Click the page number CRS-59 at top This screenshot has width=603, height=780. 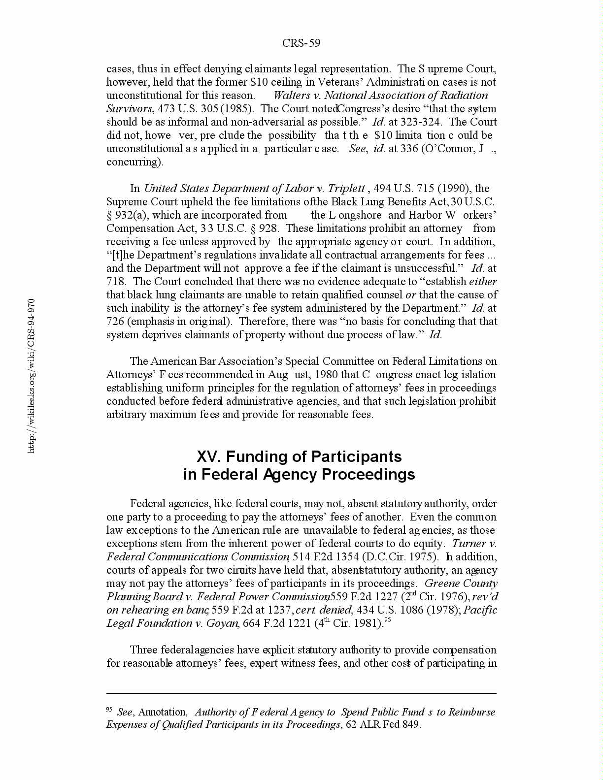pyautogui.click(x=301, y=43)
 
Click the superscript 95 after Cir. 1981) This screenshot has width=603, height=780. pyautogui.click(x=387, y=620)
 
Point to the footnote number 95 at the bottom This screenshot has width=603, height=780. pyautogui.click(x=110, y=710)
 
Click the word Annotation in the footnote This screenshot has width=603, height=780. pyautogui.click(x=163, y=712)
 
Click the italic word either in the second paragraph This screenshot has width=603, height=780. pyautogui.click(x=483, y=282)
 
